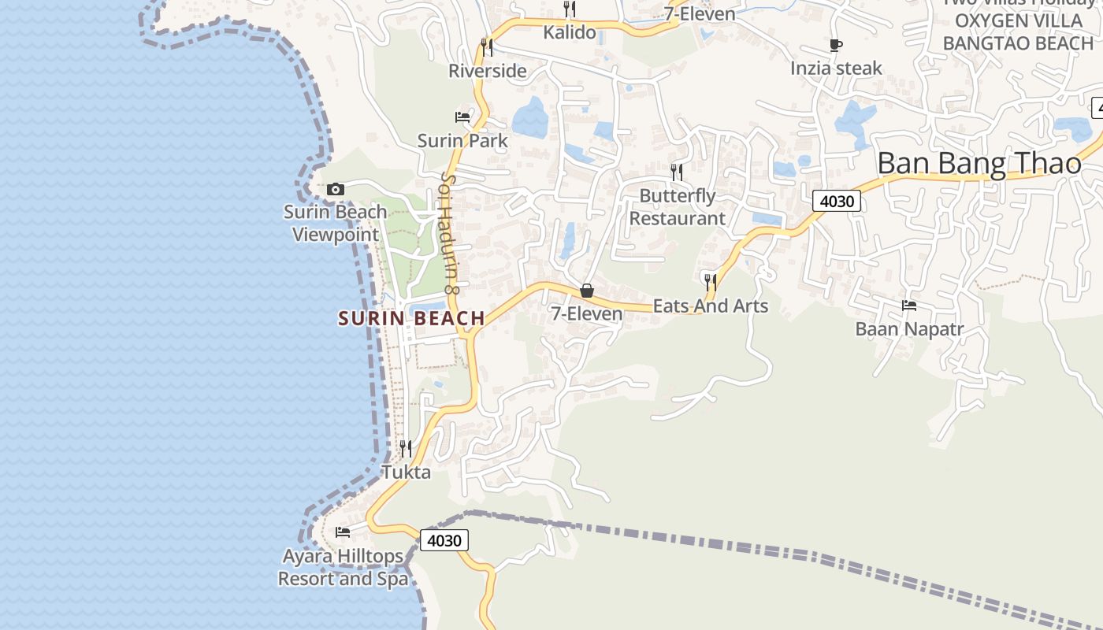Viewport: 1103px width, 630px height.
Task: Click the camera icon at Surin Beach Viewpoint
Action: [x=336, y=190]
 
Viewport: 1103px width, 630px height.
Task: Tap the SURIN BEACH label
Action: [x=411, y=318]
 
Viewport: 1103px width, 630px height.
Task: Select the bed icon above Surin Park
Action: [x=462, y=117]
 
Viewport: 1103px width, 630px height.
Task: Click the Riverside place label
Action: [x=487, y=71]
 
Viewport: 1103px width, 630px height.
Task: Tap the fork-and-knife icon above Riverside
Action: [x=487, y=46]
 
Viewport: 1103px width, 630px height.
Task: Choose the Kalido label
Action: [x=570, y=33]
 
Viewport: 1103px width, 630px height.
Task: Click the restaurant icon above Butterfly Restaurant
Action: [x=676, y=172]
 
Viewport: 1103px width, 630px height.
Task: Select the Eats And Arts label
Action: [x=711, y=306]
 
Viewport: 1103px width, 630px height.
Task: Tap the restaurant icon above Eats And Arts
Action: [x=710, y=281]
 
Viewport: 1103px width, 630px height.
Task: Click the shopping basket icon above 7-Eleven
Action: [x=587, y=291]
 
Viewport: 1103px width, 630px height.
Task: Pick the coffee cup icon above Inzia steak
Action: [x=836, y=45]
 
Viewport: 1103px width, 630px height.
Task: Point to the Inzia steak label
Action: [x=836, y=69]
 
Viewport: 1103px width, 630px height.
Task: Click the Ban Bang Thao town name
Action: [x=979, y=164]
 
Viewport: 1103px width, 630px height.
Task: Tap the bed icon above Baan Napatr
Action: [x=909, y=305]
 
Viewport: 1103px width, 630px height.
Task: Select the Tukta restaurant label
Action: [x=406, y=472]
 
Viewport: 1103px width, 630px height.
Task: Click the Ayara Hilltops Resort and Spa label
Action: [x=344, y=567]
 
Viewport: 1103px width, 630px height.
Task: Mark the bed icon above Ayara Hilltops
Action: [x=343, y=532]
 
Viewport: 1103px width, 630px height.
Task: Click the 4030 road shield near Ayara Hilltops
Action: [x=444, y=540]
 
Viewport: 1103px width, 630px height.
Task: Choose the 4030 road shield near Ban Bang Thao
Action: [x=837, y=201]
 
